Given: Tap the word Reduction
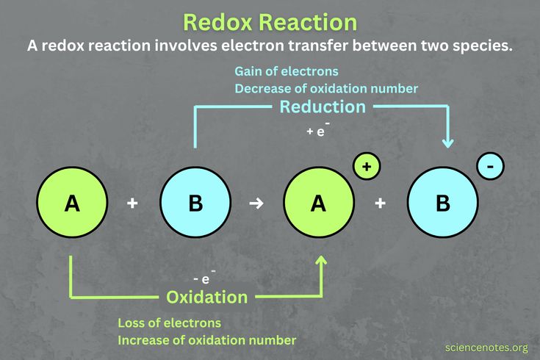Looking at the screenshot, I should point(322,107).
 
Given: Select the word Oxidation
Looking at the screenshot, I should point(206,298).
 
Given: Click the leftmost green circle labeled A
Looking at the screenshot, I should point(72,204).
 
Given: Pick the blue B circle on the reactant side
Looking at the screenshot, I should point(195,204).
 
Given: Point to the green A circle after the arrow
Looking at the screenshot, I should point(318,204).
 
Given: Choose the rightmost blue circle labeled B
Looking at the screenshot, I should point(442,204).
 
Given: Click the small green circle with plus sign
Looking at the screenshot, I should point(367,167).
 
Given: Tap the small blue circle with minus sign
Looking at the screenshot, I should point(490,167).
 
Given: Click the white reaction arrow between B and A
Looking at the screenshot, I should point(256,204).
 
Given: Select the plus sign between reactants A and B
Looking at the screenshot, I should point(133,204).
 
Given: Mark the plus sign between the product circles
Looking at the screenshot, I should point(380,204).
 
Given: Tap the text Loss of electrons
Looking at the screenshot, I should point(169,323).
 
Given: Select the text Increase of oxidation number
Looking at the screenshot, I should point(206,340).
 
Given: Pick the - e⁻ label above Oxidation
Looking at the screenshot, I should point(201,278).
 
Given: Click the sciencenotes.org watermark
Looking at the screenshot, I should point(486,347).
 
